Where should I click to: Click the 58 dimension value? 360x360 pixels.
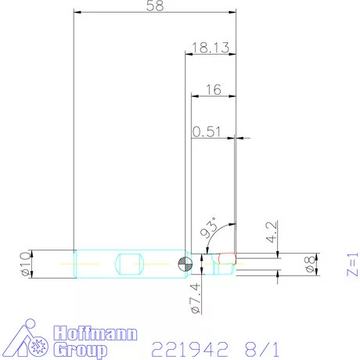click(x=154, y=7)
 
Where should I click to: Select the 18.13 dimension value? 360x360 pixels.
click(x=209, y=49)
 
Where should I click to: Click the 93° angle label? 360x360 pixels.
click(x=209, y=229)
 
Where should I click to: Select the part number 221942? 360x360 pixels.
click(x=188, y=347)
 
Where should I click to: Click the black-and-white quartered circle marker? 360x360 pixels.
click(x=183, y=263)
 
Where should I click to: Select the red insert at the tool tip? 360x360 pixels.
click(x=227, y=257)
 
